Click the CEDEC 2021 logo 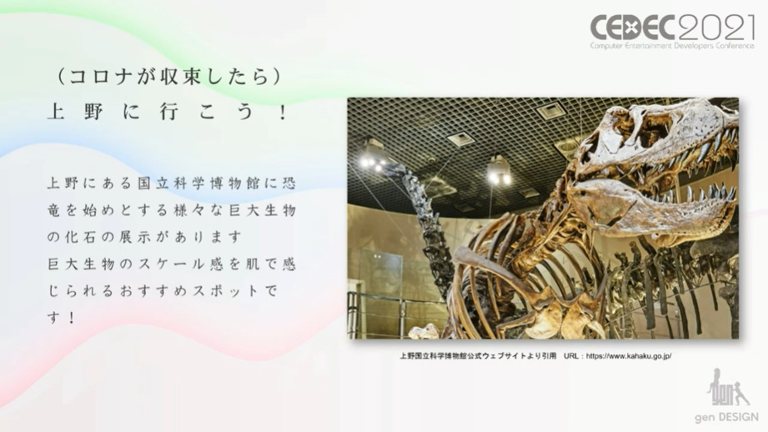tap(672, 28)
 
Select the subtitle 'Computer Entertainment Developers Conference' tap(672, 45)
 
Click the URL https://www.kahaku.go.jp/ tap(630, 356)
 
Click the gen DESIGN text tap(726, 417)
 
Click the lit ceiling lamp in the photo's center tap(499, 173)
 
